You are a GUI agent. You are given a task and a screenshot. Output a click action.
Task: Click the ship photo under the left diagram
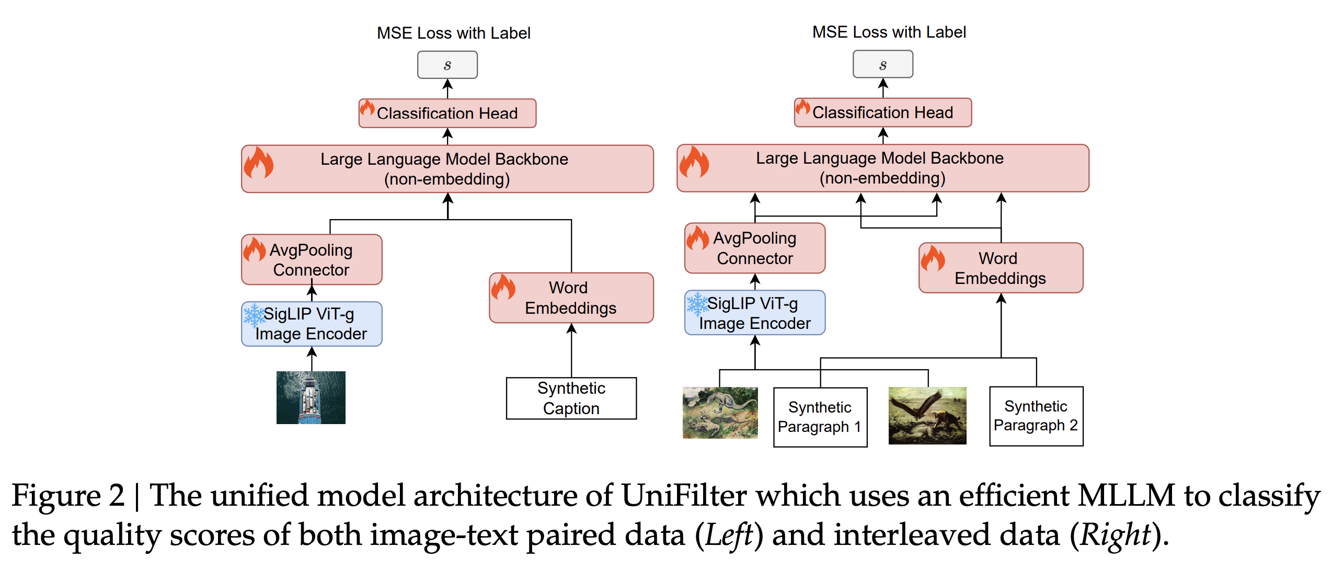pos(311,397)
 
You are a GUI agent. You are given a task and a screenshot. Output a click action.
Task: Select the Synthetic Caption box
pos(571,398)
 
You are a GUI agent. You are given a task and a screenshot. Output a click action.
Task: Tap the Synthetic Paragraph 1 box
pos(820,417)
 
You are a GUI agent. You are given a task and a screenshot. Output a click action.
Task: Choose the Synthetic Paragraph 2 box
pos(1036,416)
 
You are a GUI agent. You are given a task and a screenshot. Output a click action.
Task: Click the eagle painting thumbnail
pos(927,416)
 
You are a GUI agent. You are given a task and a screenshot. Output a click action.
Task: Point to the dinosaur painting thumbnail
pos(720,413)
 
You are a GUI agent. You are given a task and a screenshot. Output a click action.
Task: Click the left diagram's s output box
pos(447,65)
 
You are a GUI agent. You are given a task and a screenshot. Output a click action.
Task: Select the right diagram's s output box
pos(883,64)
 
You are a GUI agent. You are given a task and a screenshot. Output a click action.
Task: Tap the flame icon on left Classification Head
pos(367,108)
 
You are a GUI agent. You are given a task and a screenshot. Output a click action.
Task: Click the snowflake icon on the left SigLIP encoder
pos(255,315)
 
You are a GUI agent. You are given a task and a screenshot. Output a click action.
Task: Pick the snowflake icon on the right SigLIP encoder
pos(697,304)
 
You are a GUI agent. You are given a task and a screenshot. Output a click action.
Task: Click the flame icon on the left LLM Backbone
pos(259,163)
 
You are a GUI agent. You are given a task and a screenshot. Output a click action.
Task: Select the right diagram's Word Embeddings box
pos(1001,268)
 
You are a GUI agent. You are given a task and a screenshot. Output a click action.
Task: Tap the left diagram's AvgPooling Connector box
pos(312,260)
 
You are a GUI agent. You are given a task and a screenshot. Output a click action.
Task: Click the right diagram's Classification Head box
pos(883,112)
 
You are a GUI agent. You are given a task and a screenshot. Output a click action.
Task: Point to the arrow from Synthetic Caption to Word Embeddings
pos(571,350)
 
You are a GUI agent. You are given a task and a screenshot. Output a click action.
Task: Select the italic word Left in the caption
pos(729,535)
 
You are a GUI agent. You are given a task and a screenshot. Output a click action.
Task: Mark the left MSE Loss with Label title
pos(453,33)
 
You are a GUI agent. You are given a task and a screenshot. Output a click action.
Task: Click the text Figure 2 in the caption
pos(68,495)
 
